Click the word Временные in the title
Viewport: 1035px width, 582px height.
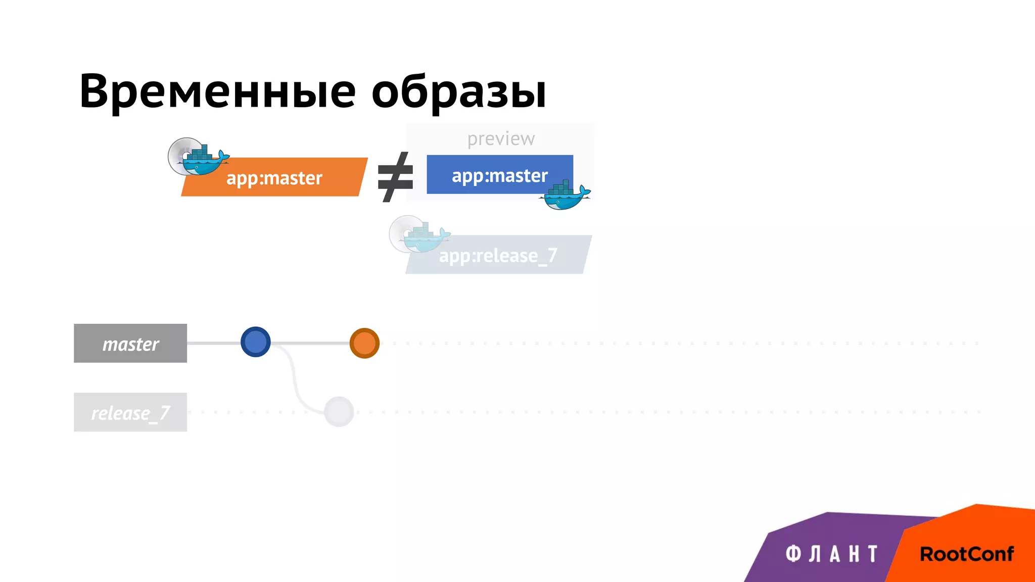pyautogui.click(x=217, y=92)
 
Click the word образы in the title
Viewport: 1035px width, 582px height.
pyautogui.click(x=458, y=92)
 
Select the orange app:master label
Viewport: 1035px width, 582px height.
pyautogui.click(x=274, y=178)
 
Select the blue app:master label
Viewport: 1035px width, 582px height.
pyautogui.click(x=499, y=175)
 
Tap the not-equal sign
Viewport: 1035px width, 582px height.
pyautogui.click(x=395, y=177)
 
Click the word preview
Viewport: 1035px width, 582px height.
pyautogui.click(x=500, y=138)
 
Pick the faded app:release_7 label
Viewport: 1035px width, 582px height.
pyautogui.click(x=498, y=256)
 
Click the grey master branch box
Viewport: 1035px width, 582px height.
pyautogui.click(x=130, y=344)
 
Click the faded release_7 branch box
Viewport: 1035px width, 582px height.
pyautogui.click(x=130, y=412)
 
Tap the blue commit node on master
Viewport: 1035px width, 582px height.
pyautogui.click(x=256, y=342)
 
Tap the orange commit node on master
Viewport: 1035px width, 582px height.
pyautogui.click(x=364, y=343)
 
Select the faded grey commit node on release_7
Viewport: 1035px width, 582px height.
pyautogui.click(x=339, y=412)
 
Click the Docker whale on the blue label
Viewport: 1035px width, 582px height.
pyautogui.click(x=565, y=197)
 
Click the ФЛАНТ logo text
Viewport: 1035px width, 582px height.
pyautogui.click(x=831, y=554)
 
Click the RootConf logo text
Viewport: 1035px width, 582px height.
pyautogui.click(x=966, y=554)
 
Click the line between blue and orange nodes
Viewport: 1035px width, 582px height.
pyautogui.click(x=310, y=343)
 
